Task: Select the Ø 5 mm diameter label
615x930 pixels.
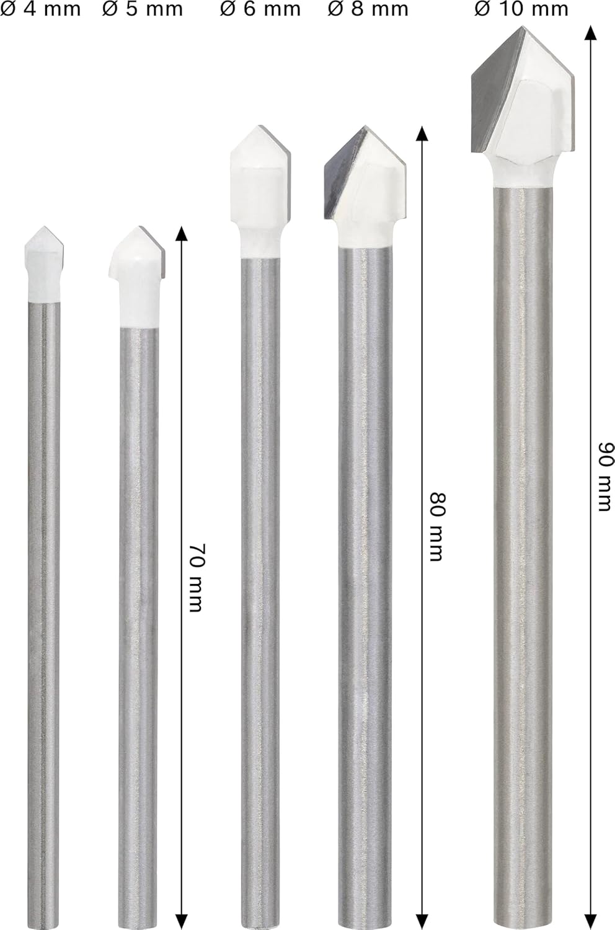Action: tap(143, 9)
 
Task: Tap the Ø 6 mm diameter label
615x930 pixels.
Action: tap(260, 9)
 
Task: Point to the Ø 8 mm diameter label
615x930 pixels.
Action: tap(368, 9)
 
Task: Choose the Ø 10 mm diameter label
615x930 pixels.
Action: tap(521, 9)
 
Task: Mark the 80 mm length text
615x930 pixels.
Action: tap(437, 527)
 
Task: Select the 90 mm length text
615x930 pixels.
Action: tap(603, 477)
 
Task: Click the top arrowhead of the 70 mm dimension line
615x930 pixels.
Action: tap(180, 232)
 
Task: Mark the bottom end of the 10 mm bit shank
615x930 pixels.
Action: tap(522, 921)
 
